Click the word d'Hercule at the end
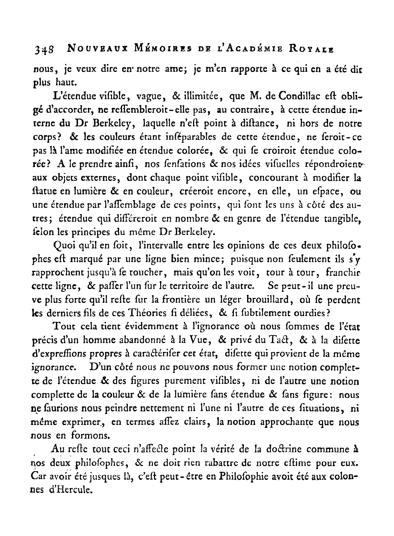tap(69, 490)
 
